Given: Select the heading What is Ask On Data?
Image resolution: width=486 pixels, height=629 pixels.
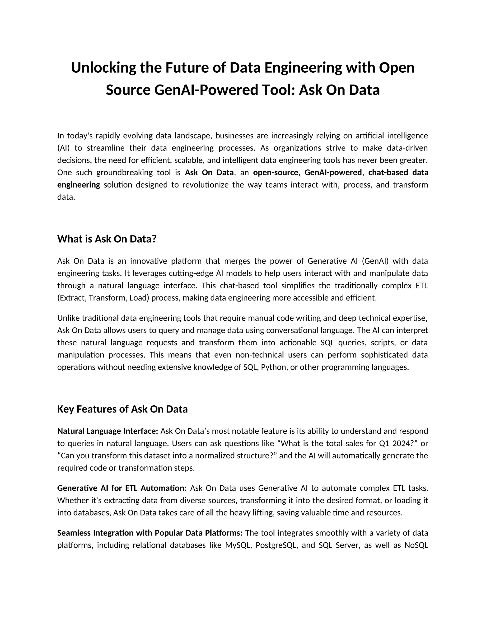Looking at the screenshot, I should coord(107,239).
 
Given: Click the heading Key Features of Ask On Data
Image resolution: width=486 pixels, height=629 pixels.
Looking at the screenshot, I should coord(122,409).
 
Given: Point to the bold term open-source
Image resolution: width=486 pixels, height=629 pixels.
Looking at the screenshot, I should coord(275,173).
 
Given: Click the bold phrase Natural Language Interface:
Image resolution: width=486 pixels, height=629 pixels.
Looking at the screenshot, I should coord(108,431).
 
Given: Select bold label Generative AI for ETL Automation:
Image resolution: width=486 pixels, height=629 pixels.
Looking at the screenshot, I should coord(122,488).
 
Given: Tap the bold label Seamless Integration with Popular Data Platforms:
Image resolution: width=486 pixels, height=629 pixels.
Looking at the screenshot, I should coord(150,533).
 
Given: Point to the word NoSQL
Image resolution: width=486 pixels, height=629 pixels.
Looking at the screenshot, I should coord(416,545).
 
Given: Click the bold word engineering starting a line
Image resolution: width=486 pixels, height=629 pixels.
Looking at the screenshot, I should coord(79,185).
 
